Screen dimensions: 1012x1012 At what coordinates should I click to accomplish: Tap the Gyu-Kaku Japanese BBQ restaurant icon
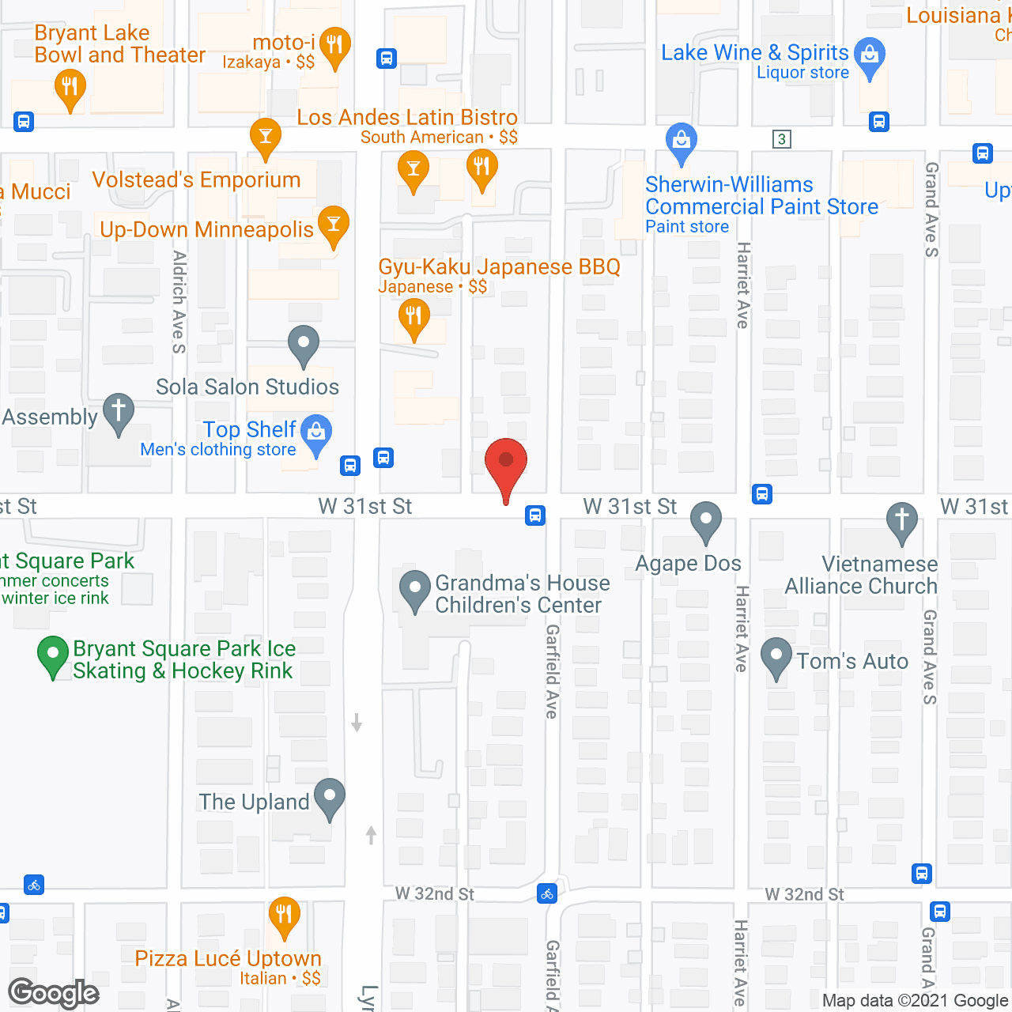click(x=413, y=318)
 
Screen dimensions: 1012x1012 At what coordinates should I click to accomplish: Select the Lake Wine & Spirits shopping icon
click(x=870, y=56)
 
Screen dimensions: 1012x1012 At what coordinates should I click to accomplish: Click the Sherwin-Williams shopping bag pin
click(x=681, y=142)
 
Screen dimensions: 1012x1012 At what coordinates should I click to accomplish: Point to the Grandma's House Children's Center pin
click(x=414, y=589)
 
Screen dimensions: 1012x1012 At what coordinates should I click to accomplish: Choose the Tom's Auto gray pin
click(x=776, y=657)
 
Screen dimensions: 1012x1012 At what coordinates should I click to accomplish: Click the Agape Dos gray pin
click(x=705, y=521)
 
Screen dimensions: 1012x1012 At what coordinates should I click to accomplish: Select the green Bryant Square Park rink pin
click(x=53, y=655)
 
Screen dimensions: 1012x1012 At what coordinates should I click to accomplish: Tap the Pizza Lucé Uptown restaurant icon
click(x=284, y=915)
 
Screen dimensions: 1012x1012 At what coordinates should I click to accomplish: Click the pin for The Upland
click(x=329, y=798)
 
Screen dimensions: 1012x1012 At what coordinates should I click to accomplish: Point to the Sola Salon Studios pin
click(x=303, y=345)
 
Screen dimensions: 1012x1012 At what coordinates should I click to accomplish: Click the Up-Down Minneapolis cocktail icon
click(x=333, y=225)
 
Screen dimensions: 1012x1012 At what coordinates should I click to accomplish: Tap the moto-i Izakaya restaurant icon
click(x=335, y=46)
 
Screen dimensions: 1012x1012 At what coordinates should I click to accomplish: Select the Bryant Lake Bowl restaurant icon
click(x=70, y=87)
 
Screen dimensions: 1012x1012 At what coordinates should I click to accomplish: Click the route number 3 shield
click(x=782, y=139)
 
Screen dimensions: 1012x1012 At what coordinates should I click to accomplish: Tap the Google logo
click(x=53, y=993)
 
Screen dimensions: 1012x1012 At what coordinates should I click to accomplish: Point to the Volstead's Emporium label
click(x=196, y=180)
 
